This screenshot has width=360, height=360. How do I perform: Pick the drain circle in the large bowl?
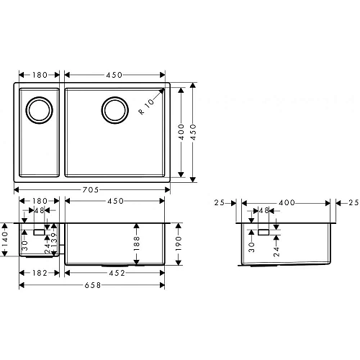pos(114,110)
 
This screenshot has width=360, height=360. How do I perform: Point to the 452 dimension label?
pos(116,273)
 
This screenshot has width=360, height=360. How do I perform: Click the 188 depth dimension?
pos(135,244)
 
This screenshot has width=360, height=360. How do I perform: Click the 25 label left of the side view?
pos(219,204)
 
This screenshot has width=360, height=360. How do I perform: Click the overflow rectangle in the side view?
pos(264,232)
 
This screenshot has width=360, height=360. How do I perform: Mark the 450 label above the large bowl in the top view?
pos(116,74)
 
